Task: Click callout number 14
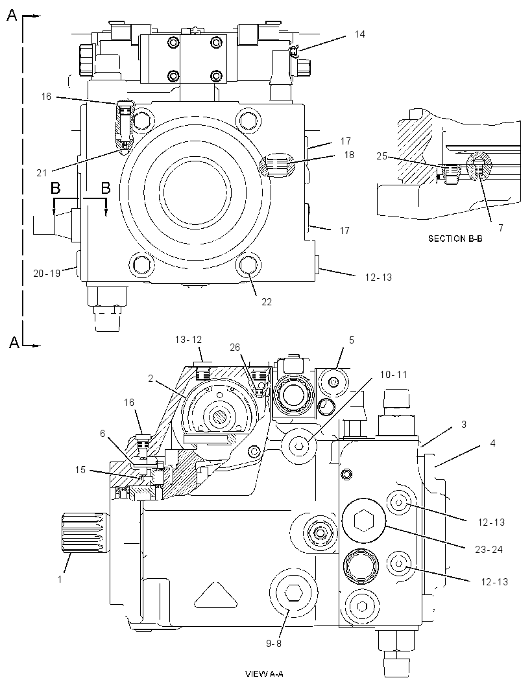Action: (x=359, y=34)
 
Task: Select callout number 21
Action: (x=42, y=173)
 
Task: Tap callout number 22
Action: (x=267, y=302)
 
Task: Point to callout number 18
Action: (x=349, y=155)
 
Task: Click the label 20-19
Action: (x=47, y=274)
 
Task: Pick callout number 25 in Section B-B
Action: (x=382, y=156)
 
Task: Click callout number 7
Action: (x=501, y=228)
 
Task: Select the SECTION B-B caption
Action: (x=455, y=239)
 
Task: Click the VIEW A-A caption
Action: (x=264, y=673)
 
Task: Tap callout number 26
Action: (x=235, y=347)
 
